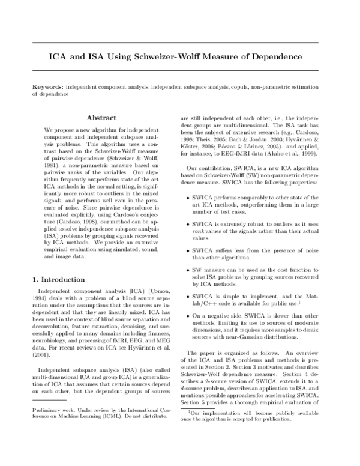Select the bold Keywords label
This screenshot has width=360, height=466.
point(48,88)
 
